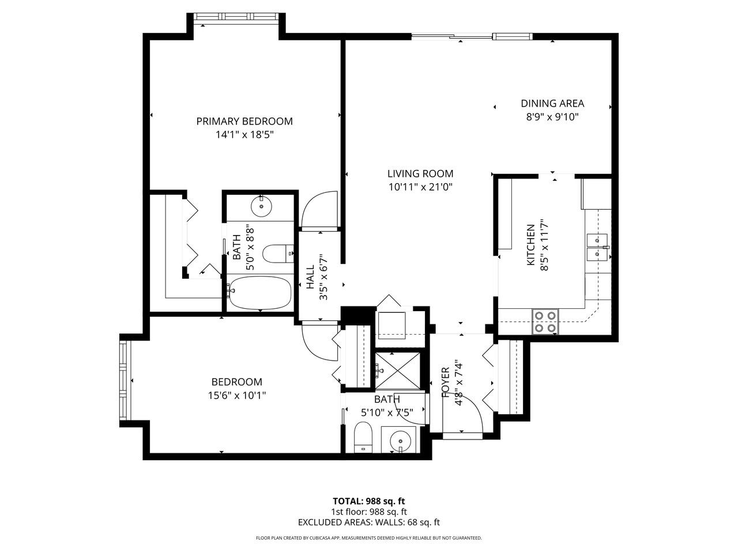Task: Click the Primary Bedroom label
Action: (x=244, y=122)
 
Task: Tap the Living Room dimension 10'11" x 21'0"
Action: (x=420, y=187)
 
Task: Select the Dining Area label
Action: (x=552, y=104)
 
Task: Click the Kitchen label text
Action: (x=531, y=245)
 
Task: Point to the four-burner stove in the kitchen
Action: (x=545, y=322)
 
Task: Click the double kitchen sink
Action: (x=598, y=247)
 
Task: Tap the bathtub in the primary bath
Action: (x=259, y=294)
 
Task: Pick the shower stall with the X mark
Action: (x=397, y=369)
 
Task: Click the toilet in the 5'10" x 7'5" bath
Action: (x=363, y=436)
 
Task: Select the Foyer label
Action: (x=446, y=382)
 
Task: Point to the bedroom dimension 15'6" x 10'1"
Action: (x=237, y=395)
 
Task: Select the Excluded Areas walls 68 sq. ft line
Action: (x=368, y=522)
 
